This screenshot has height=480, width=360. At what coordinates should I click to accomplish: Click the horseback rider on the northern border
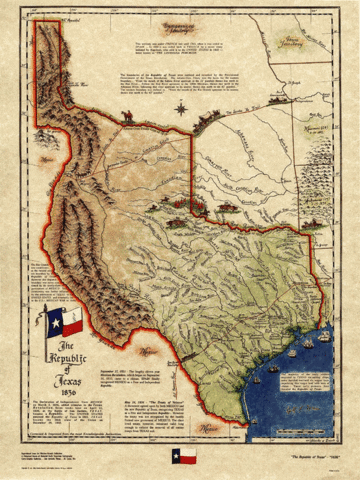(x=128, y=117)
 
